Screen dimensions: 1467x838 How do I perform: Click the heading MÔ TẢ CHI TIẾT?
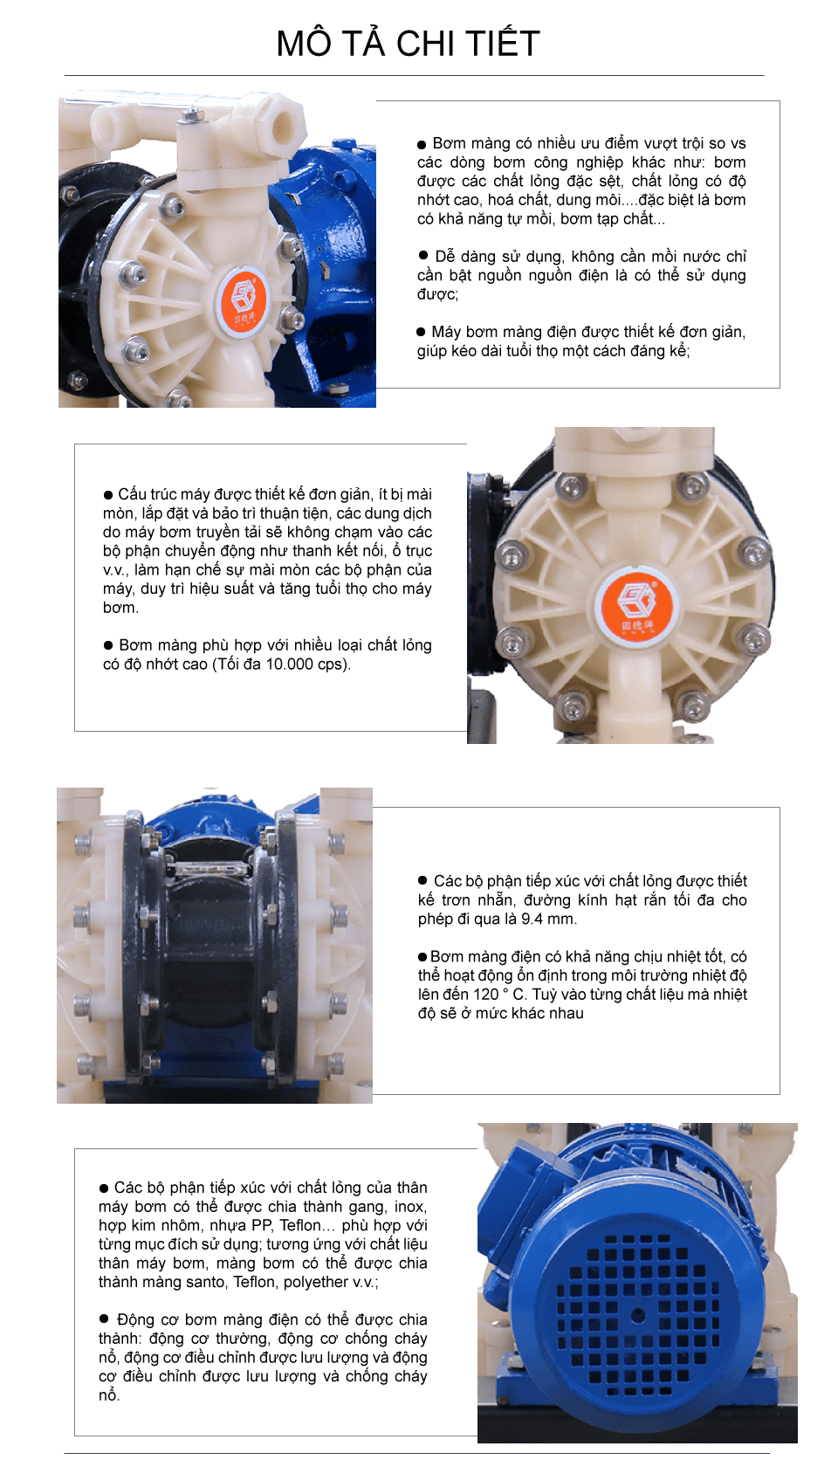[x=408, y=44]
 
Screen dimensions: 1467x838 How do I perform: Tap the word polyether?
[x=315, y=1283]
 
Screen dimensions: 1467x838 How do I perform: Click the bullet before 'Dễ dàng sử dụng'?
[x=423, y=256]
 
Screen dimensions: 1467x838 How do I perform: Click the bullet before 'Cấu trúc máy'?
[x=108, y=495]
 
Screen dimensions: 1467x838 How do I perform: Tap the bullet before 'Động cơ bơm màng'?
[x=105, y=1319]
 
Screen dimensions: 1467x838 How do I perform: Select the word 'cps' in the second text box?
[x=332, y=665]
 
